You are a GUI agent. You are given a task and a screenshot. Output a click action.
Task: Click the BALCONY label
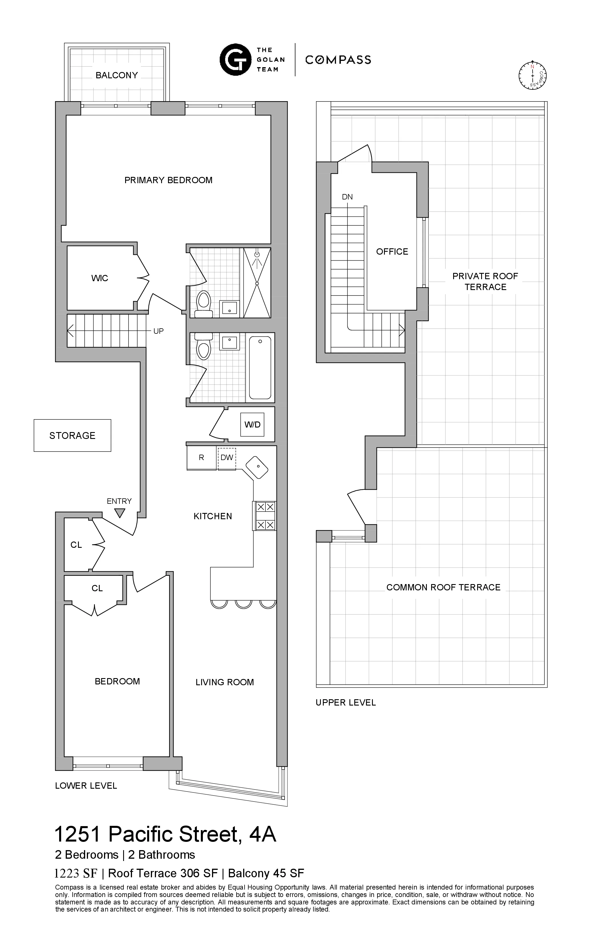117,75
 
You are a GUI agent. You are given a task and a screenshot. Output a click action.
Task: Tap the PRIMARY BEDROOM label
168,180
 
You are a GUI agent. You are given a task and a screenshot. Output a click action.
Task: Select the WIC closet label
99,278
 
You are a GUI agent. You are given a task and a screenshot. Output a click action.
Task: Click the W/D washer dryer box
252,425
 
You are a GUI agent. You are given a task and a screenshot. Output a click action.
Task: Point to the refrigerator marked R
201,458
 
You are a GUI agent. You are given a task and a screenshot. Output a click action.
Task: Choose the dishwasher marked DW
227,458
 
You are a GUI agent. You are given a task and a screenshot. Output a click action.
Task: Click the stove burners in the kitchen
265,516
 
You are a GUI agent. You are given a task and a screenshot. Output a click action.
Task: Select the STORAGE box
73,435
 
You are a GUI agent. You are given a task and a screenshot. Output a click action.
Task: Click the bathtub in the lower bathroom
260,367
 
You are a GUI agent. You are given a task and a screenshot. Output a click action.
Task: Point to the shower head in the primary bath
257,255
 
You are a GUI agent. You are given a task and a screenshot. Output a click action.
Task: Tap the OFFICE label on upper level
392,252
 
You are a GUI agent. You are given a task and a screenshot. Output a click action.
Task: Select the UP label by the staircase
158,331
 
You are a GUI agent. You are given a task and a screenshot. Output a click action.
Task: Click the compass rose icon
532,75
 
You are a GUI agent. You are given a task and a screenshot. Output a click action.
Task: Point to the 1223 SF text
76,873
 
